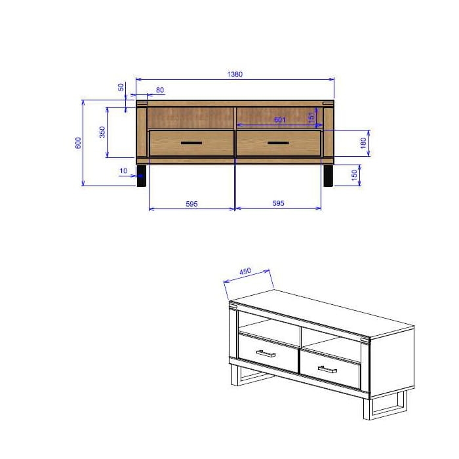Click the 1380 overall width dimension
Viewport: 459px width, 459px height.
[235, 74]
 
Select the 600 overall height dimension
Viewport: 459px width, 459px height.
[78, 142]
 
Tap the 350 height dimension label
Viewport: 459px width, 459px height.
[102, 132]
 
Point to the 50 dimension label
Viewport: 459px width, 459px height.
[121, 87]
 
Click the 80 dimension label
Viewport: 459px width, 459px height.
[160, 90]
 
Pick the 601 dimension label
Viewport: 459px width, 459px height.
[279, 119]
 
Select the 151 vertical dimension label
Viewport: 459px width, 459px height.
[311, 117]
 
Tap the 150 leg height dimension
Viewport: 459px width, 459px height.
[355, 176]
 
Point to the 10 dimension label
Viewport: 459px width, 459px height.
[123, 171]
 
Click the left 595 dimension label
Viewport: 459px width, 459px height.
[191, 204]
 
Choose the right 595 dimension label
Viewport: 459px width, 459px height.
[278, 204]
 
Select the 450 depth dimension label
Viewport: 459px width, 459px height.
[246, 271]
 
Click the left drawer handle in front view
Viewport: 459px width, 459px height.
[191, 143]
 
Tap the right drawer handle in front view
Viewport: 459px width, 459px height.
[278, 143]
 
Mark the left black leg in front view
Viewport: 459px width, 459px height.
[142, 176]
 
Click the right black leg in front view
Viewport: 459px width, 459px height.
[328, 176]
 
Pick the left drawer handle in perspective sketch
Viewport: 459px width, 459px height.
[266, 353]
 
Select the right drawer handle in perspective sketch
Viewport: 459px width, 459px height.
[327, 370]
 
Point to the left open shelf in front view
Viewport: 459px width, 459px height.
[191, 117]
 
